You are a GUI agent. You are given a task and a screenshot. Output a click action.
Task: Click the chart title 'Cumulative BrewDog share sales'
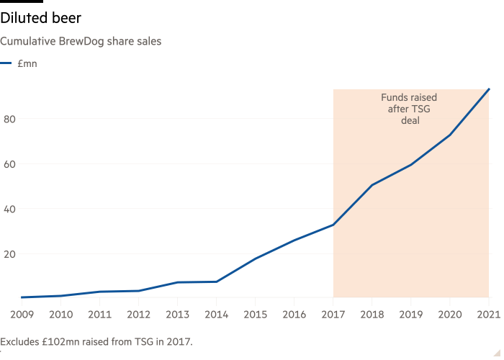pyautogui.click(x=81, y=41)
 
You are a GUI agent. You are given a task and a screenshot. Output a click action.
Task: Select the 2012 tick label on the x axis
pyautogui.click(x=138, y=315)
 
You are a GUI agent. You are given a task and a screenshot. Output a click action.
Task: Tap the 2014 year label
pyautogui.click(x=216, y=315)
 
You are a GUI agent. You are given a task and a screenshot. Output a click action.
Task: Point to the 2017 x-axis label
pyautogui.click(x=333, y=315)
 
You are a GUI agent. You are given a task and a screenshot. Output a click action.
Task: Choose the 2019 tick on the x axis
pyautogui.click(x=410, y=315)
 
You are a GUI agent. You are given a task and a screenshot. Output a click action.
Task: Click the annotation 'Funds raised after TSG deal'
pyautogui.click(x=409, y=109)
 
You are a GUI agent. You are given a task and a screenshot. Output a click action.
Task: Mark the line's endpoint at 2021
pyautogui.click(x=489, y=89)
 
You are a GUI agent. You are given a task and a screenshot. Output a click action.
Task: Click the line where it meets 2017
pyautogui.click(x=333, y=225)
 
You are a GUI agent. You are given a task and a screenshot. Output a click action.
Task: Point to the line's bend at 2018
pyautogui.click(x=372, y=185)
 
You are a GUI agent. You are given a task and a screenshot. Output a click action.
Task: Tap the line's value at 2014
pyautogui.click(x=216, y=282)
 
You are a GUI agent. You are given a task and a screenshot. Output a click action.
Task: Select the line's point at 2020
pyautogui.click(x=450, y=135)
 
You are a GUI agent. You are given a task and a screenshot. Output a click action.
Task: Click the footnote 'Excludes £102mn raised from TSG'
pyautogui.click(x=96, y=341)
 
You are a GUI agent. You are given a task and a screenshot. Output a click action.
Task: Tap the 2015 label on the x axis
pyautogui.click(x=255, y=315)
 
